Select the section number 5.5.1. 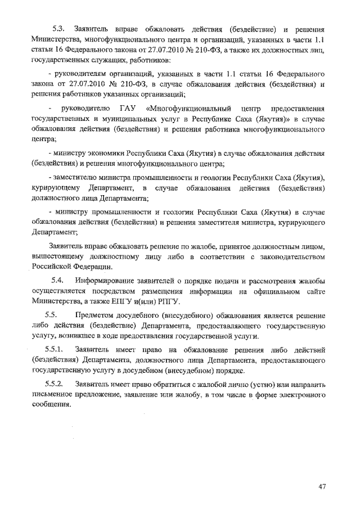pyautogui.click(x=57, y=350)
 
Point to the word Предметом pyautogui.click(x=97, y=315)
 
